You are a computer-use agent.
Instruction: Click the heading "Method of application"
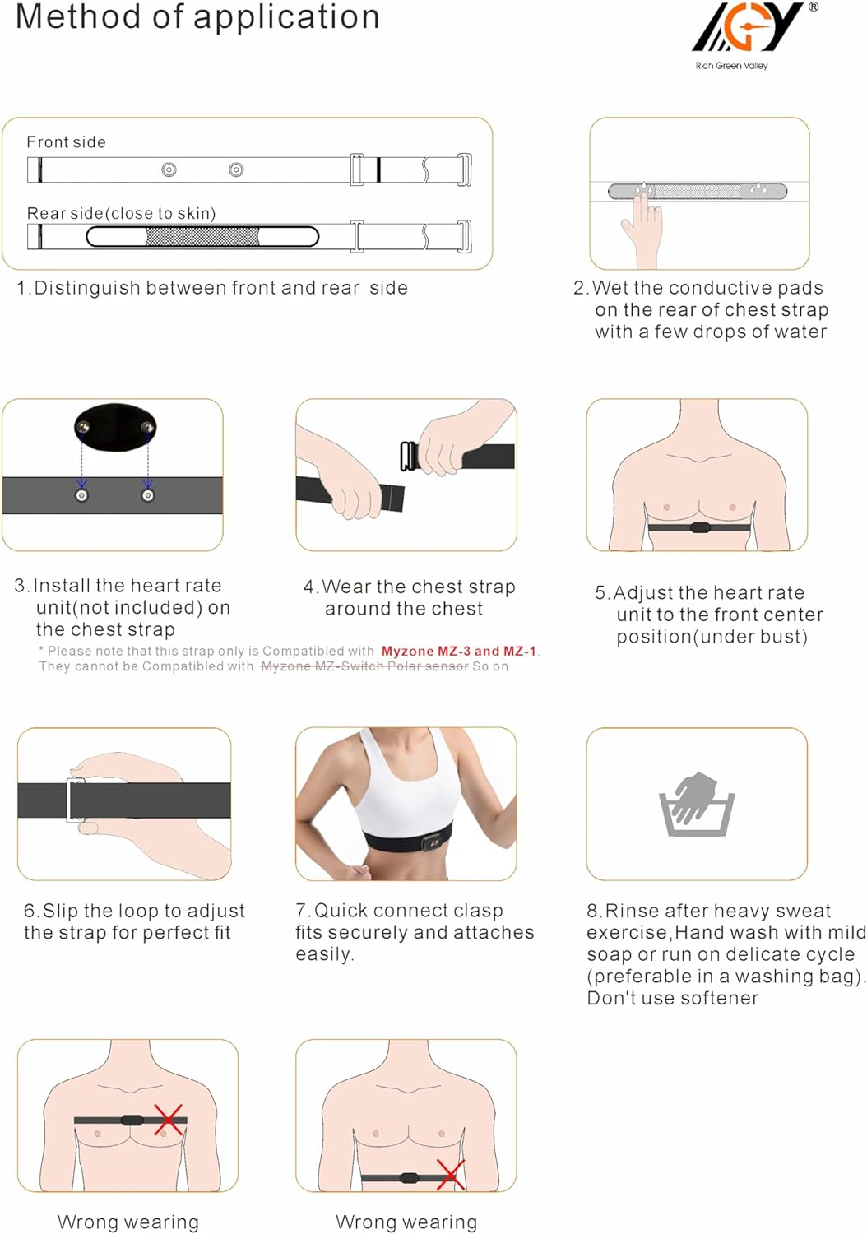click(x=197, y=17)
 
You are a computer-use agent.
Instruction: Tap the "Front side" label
click(x=66, y=142)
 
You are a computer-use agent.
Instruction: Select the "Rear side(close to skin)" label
click(x=121, y=214)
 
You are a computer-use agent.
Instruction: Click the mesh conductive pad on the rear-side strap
click(x=202, y=237)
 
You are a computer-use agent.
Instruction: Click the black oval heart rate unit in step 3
click(x=115, y=427)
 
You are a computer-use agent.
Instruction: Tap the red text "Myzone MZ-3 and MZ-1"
click(x=458, y=651)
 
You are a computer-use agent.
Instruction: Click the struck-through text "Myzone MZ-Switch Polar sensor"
click(x=364, y=666)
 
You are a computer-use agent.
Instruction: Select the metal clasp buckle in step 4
click(x=408, y=457)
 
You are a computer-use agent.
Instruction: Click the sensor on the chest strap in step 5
click(x=700, y=527)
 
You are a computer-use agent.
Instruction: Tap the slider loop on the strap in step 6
click(x=75, y=800)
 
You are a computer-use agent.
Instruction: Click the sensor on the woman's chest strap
click(x=432, y=842)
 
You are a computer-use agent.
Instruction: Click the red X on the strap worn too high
click(x=168, y=1120)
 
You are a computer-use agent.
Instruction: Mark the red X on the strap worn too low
click(x=450, y=1174)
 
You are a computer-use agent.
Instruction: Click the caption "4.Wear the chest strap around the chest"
click(x=409, y=598)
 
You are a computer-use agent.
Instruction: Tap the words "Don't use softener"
click(x=672, y=998)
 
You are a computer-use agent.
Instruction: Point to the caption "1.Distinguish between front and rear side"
click(x=212, y=288)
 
